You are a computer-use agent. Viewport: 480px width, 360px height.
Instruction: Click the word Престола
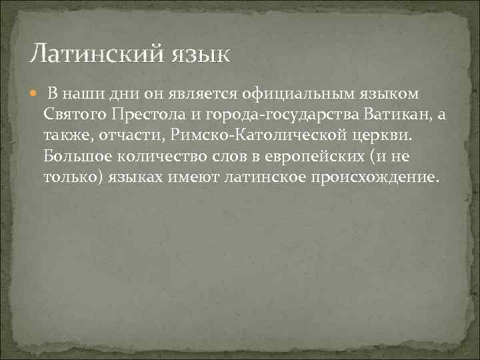(x=141, y=115)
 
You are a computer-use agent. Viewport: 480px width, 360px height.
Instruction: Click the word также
(x=69, y=136)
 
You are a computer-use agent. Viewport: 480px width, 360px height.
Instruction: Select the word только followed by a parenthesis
(x=71, y=179)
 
